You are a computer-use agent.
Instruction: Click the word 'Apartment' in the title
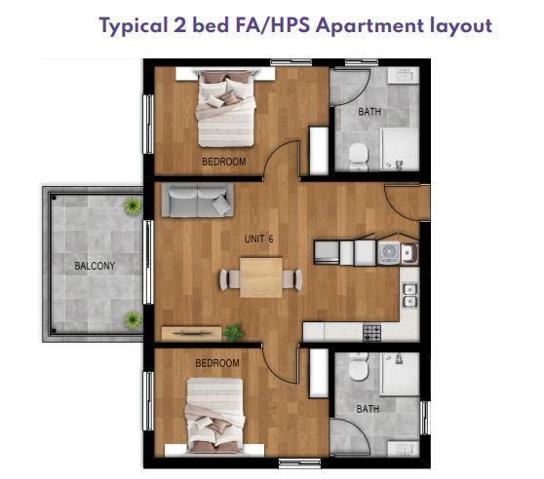click(369, 26)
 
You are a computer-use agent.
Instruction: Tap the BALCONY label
click(95, 266)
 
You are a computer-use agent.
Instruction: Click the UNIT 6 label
click(258, 239)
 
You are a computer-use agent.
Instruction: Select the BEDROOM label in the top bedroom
click(224, 162)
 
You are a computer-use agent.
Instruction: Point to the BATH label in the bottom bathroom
click(368, 409)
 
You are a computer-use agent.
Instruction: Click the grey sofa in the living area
click(197, 201)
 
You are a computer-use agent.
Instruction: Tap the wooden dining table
click(261, 277)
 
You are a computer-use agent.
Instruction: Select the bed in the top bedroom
click(226, 109)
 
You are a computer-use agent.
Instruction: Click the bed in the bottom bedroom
click(215, 416)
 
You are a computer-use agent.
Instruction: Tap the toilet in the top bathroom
click(359, 157)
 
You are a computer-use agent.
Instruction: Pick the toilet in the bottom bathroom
click(359, 366)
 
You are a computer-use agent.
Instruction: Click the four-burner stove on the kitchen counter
click(371, 333)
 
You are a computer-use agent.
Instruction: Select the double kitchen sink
click(409, 295)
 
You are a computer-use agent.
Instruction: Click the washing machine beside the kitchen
click(389, 253)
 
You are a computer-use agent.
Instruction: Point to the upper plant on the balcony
click(133, 206)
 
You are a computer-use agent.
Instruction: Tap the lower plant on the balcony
click(133, 320)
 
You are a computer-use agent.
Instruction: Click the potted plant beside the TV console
click(233, 333)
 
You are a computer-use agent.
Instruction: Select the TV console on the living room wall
click(191, 333)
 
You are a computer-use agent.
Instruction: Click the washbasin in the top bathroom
click(404, 75)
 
